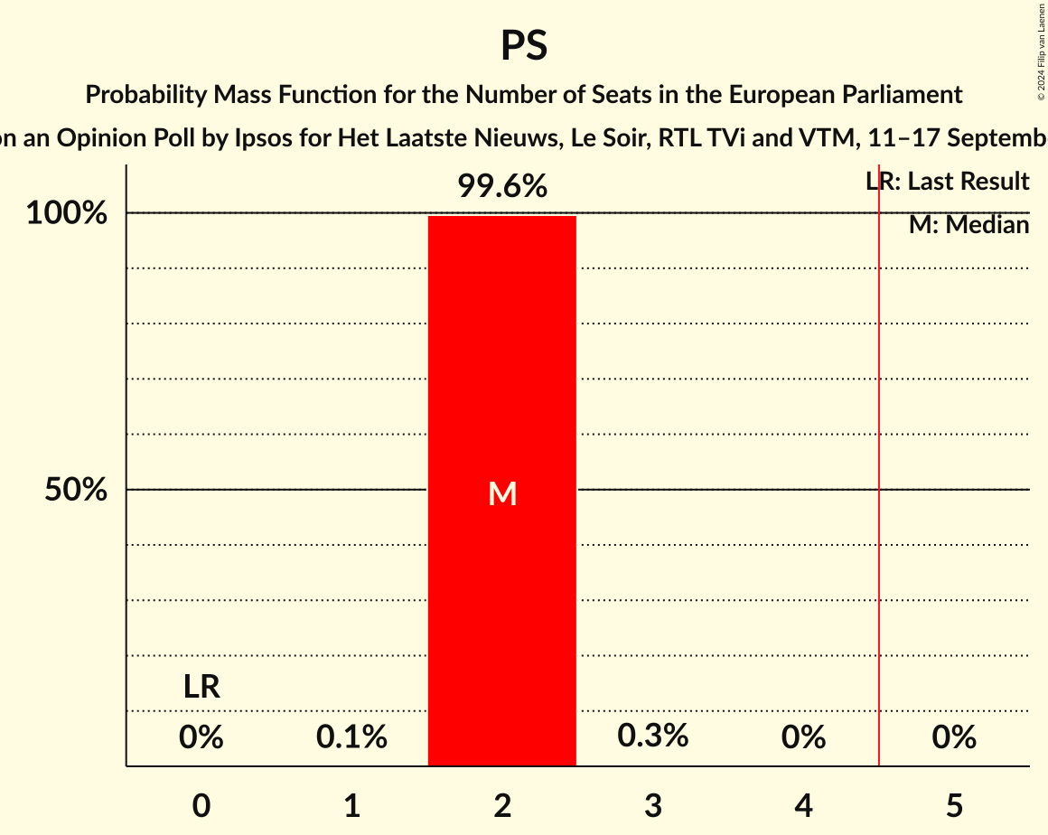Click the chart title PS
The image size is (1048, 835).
coord(524,45)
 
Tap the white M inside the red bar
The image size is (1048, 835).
coord(502,493)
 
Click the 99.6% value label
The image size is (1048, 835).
coord(502,187)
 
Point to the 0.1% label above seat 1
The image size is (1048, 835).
coord(351,737)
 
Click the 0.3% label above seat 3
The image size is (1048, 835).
coord(653,736)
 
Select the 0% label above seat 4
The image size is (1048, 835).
coord(804,737)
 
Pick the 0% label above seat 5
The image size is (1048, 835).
coord(954,737)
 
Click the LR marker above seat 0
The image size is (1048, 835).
coord(201,687)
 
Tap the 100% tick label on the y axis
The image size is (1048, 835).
coord(67,214)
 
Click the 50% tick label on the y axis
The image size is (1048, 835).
coord(76,491)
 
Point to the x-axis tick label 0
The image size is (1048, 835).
coord(201,805)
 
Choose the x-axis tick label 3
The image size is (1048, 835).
coord(653,805)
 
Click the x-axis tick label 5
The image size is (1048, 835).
coord(954,805)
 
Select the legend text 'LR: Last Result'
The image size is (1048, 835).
coord(948,182)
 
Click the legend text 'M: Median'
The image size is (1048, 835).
coord(969,225)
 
